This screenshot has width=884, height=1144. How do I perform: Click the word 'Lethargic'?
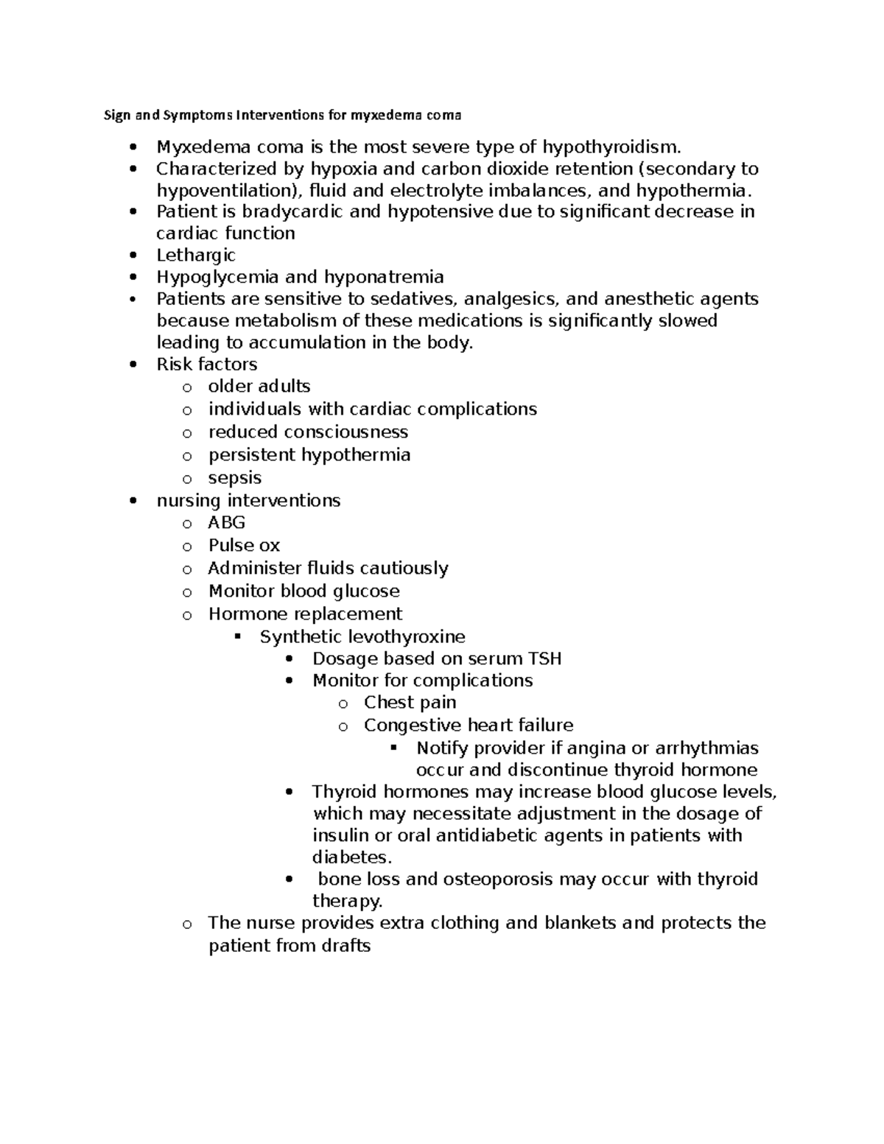[x=196, y=256]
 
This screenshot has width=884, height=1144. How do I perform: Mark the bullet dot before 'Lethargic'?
[x=133, y=256]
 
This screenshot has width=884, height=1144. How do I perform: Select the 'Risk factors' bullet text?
[x=206, y=365]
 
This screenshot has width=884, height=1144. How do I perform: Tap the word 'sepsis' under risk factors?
[x=235, y=478]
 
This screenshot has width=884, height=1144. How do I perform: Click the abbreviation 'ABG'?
[x=227, y=523]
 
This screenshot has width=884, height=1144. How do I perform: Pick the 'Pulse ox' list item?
[x=244, y=546]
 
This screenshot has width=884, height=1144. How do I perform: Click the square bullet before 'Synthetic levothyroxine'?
[x=237, y=636]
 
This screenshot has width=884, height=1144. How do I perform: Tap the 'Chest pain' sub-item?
[x=410, y=703]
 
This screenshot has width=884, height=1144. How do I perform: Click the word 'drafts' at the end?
[x=345, y=946]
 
